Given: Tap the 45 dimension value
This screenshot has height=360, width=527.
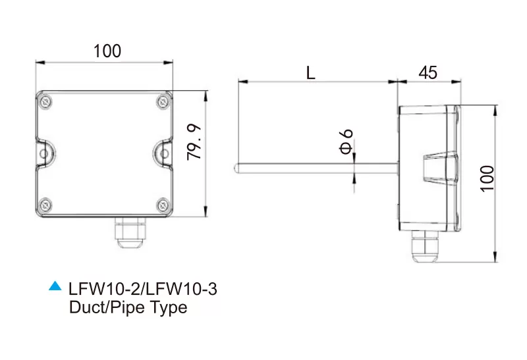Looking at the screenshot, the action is point(428,72).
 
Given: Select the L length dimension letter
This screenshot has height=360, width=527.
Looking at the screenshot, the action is point(311,72).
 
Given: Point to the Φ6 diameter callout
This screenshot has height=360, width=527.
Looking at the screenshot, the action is point(347,141).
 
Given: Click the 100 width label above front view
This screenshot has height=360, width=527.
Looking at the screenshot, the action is point(107,51).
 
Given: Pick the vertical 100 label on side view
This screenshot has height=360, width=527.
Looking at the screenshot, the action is point(487,178).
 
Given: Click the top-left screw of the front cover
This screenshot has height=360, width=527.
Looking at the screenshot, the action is point(45,101).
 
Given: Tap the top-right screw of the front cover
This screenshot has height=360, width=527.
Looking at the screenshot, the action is point(163,101).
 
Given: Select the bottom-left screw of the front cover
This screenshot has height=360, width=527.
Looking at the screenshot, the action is point(45,205).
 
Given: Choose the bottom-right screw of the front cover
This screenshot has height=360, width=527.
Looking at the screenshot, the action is point(163,205).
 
